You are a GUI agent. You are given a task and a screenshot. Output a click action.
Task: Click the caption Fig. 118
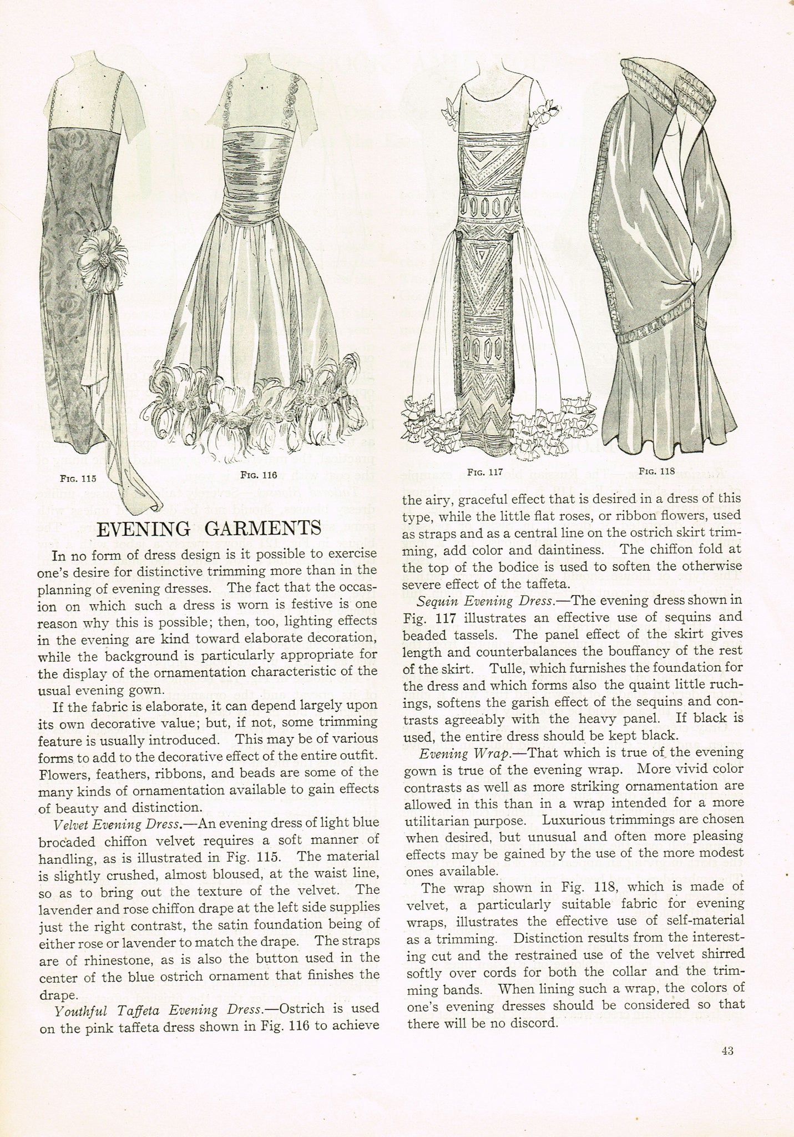pos(656,471)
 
